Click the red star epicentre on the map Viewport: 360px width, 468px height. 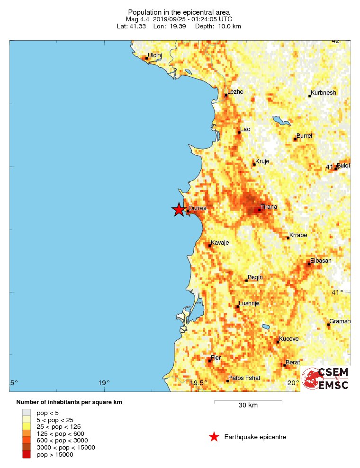(x=178, y=209)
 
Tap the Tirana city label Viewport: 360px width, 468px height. (x=269, y=207)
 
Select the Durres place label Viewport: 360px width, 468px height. (x=198, y=208)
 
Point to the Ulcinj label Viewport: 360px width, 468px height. (x=155, y=55)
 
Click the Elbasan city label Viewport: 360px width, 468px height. (x=321, y=261)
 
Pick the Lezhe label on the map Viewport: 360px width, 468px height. (x=235, y=92)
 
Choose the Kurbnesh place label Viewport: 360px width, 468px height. (x=323, y=93)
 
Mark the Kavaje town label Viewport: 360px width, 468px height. (x=220, y=243)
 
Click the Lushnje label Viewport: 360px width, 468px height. (x=249, y=303)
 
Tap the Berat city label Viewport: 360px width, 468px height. (x=293, y=362)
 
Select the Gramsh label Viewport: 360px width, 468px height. (x=340, y=321)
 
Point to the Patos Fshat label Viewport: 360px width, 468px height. (x=244, y=378)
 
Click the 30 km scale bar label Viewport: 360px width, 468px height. (x=248, y=406)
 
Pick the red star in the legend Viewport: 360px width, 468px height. (x=214, y=437)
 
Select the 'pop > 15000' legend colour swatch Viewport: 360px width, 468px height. (x=27, y=455)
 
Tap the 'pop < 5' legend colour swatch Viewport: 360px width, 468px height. (x=27, y=412)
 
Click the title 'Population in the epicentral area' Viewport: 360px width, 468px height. (x=180, y=12)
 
